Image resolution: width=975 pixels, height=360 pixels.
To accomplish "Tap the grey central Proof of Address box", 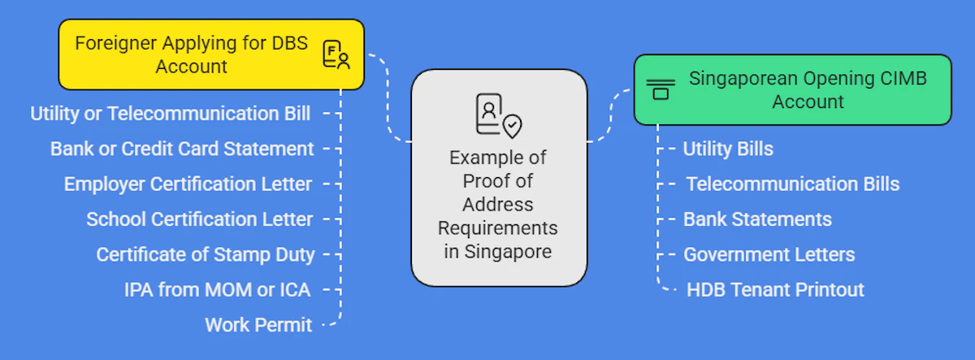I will point(498,177).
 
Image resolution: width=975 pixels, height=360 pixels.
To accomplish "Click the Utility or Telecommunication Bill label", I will point(170,114).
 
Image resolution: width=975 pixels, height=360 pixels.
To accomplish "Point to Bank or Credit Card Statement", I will point(182,149).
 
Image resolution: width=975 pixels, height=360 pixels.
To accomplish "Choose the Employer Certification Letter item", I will point(188,184).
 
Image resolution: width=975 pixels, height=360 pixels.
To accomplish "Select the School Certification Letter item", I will point(199,219).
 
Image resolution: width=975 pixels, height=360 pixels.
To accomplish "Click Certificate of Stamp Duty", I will point(205,254).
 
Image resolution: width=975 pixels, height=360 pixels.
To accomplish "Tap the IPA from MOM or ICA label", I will point(217,289).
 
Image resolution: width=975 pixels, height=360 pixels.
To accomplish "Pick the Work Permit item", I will point(258,325).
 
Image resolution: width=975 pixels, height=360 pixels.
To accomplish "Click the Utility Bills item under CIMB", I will point(728,149).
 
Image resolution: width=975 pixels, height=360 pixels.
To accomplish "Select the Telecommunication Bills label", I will point(792,184).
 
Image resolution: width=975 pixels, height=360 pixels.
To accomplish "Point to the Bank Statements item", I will point(757,219).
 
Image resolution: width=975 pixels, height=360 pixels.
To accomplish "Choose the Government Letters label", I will point(769,254).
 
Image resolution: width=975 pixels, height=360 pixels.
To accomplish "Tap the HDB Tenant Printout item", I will point(775,289).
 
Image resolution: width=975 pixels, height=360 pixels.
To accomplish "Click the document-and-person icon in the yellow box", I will point(336,54).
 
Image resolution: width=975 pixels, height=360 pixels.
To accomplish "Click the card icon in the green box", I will point(661,89).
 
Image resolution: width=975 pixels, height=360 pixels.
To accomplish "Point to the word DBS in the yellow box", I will point(289,43).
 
